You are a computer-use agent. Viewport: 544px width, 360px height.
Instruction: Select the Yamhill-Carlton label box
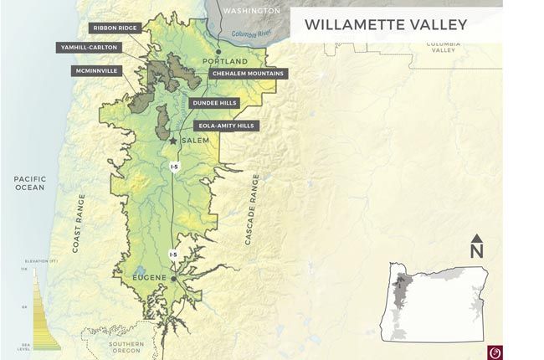pos(89,48)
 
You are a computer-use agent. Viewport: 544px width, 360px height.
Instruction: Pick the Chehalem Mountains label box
pos(248,74)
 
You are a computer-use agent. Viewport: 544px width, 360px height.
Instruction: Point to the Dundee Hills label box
pos(214,102)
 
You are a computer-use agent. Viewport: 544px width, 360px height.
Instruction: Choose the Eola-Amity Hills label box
pos(226,126)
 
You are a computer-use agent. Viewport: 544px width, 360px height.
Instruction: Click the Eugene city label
pos(151,277)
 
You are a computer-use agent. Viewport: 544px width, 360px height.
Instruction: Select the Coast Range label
pos(80,223)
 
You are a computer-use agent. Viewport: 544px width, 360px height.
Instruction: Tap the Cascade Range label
pos(252,209)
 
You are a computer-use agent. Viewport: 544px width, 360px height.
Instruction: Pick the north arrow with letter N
pos(476,246)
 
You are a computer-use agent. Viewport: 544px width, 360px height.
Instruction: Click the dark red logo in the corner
pos(492,350)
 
